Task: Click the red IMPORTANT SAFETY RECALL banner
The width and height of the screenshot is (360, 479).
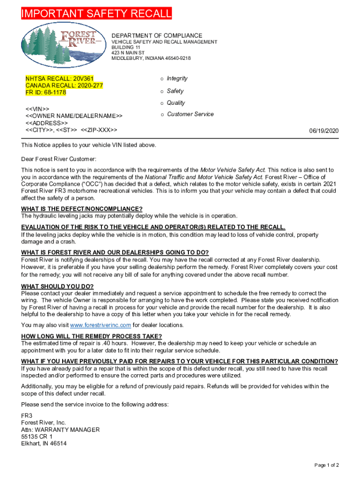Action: [x=96, y=14]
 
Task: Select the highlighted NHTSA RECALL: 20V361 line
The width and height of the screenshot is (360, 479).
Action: [x=59, y=79]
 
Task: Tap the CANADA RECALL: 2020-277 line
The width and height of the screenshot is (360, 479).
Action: [x=64, y=86]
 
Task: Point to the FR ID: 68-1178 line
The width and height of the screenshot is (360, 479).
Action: [x=46, y=93]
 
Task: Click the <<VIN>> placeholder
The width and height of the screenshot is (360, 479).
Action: [x=37, y=109]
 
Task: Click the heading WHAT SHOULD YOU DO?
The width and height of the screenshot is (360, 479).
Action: [x=58, y=286]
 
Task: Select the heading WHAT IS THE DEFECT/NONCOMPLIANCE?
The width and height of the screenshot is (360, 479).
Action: [x=82, y=209]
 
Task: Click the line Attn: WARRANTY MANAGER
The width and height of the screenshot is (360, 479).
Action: [x=60, y=429]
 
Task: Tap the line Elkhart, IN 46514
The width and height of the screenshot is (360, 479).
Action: [x=43, y=443]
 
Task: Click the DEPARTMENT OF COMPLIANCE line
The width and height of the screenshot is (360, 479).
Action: [x=157, y=36]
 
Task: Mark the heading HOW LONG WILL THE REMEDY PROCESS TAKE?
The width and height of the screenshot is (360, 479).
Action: [x=92, y=336]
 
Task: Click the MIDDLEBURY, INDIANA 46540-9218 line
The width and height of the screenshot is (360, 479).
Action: [x=151, y=58]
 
